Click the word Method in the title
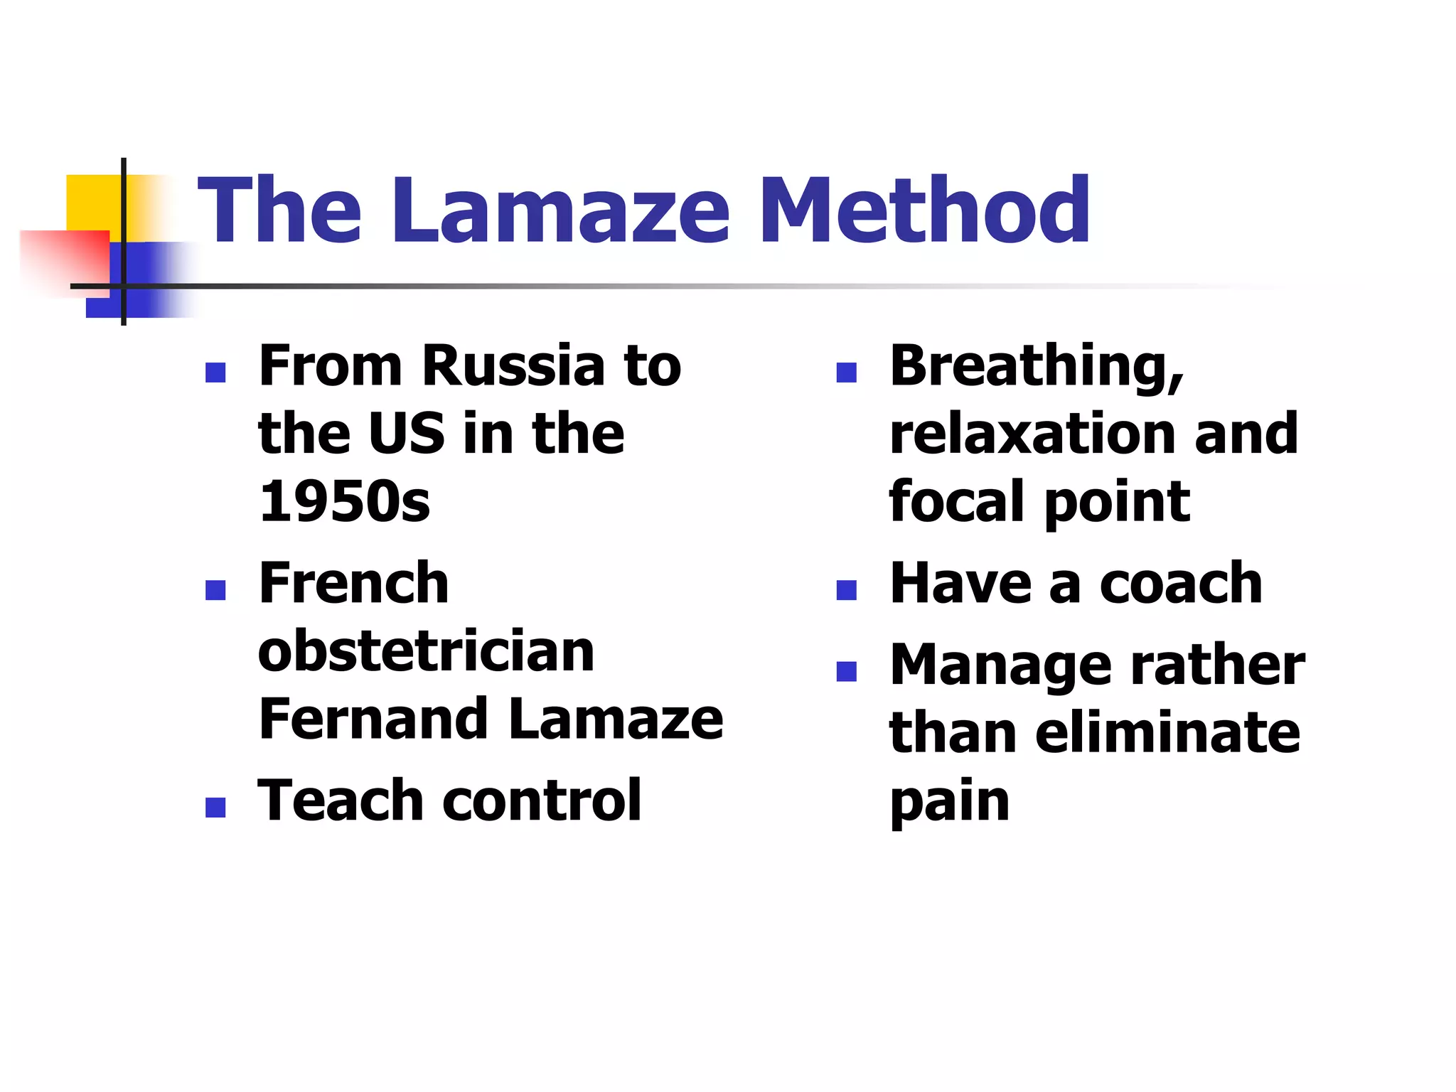point(924,210)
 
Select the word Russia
point(515,366)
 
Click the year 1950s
point(345,501)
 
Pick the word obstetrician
point(426,651)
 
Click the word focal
point(956,501)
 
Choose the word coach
point(1180,583)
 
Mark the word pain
point(950,802)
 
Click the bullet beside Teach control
point(215,807)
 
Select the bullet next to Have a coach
point(846,590)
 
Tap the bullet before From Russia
point(215,373)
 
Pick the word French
point(353,583)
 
